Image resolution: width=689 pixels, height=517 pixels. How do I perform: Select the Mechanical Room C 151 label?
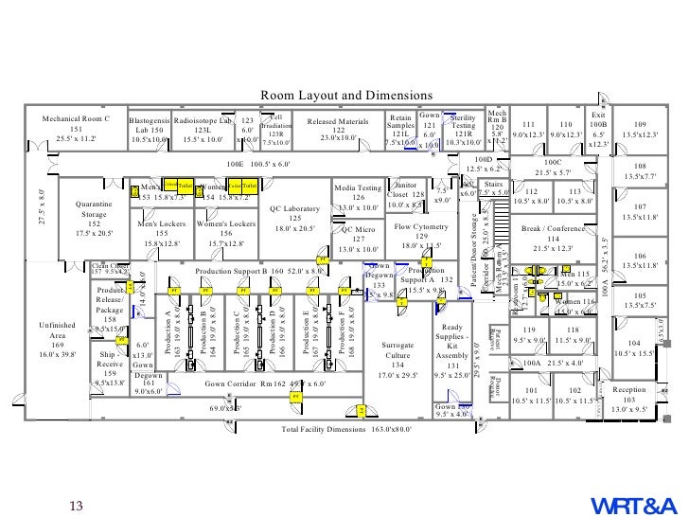pyautogui.click(x=77, y=129)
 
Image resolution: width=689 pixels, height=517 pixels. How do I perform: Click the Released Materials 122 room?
pyautogui.click(x=338, y=130)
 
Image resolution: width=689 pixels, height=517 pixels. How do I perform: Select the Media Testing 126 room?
pyautogui.click(x=358, y=198)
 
